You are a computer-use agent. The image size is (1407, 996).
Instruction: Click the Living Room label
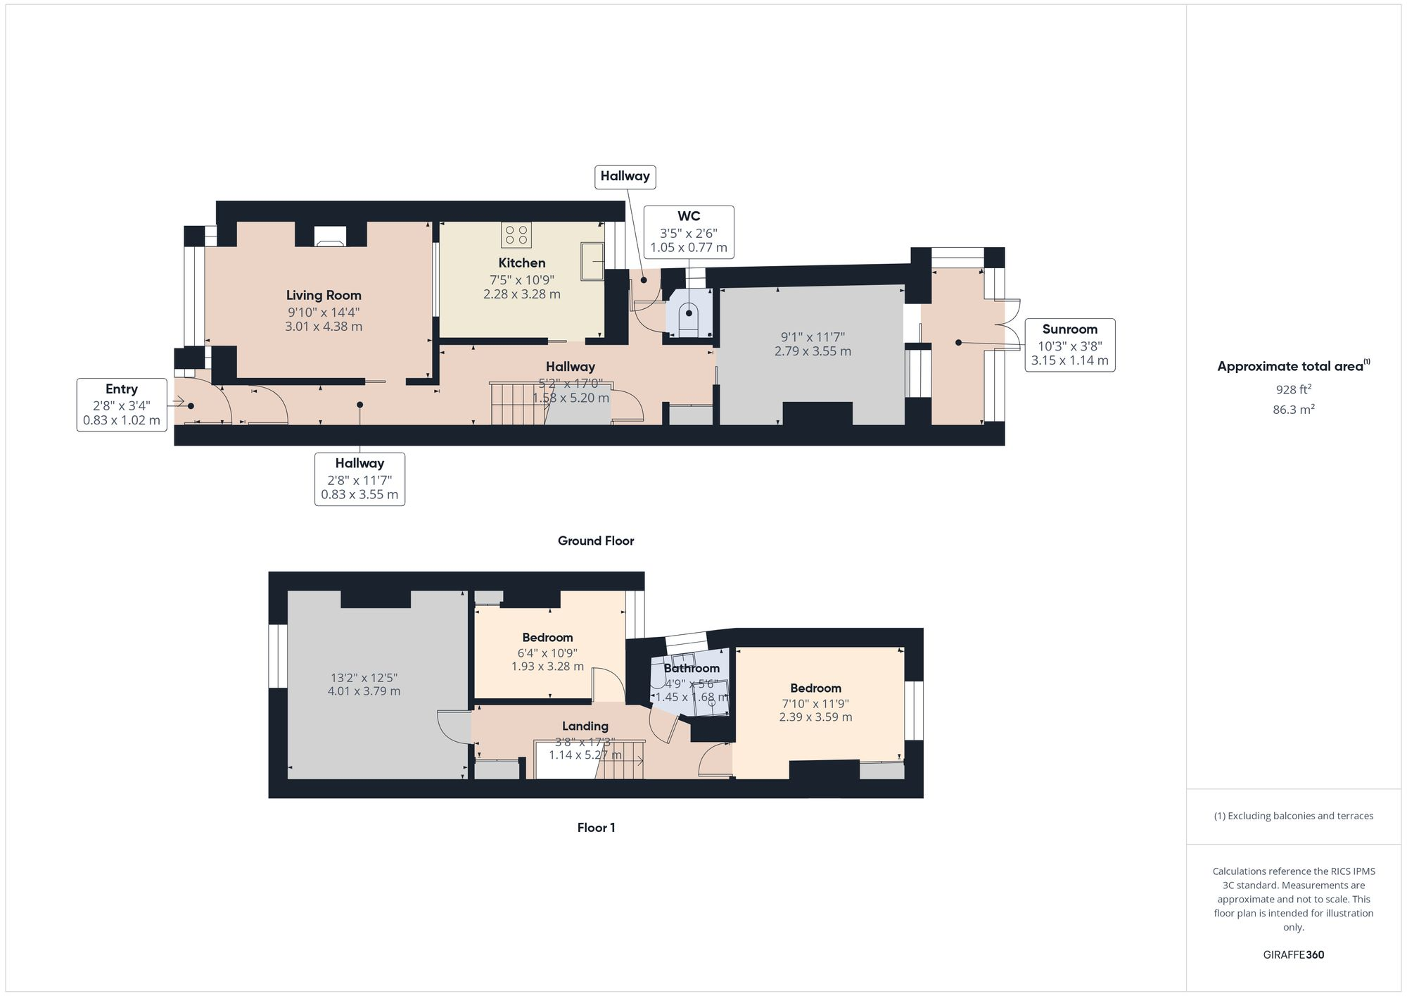(324, 296)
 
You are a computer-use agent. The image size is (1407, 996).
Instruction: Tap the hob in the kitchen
(516, 235)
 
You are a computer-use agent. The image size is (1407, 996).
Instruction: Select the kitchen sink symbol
(592, 261)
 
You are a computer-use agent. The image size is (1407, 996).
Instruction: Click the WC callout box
(689, 232)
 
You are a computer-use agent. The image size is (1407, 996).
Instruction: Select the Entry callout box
(122, 405)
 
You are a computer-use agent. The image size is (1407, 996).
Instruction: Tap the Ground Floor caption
(596, 541)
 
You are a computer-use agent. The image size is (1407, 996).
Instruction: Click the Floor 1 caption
(596, 828)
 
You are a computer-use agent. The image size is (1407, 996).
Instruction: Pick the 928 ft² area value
(1293, 389)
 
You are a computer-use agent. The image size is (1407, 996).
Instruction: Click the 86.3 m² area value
(1293, 410)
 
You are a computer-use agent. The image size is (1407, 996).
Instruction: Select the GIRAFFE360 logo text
(1293, 955)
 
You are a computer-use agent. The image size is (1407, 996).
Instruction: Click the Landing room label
(585, 726)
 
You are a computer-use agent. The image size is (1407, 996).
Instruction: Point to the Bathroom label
(692, 668)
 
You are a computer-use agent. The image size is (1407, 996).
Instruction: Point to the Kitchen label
(522, 263)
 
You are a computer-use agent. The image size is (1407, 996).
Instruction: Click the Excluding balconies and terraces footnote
(1293, 817)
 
